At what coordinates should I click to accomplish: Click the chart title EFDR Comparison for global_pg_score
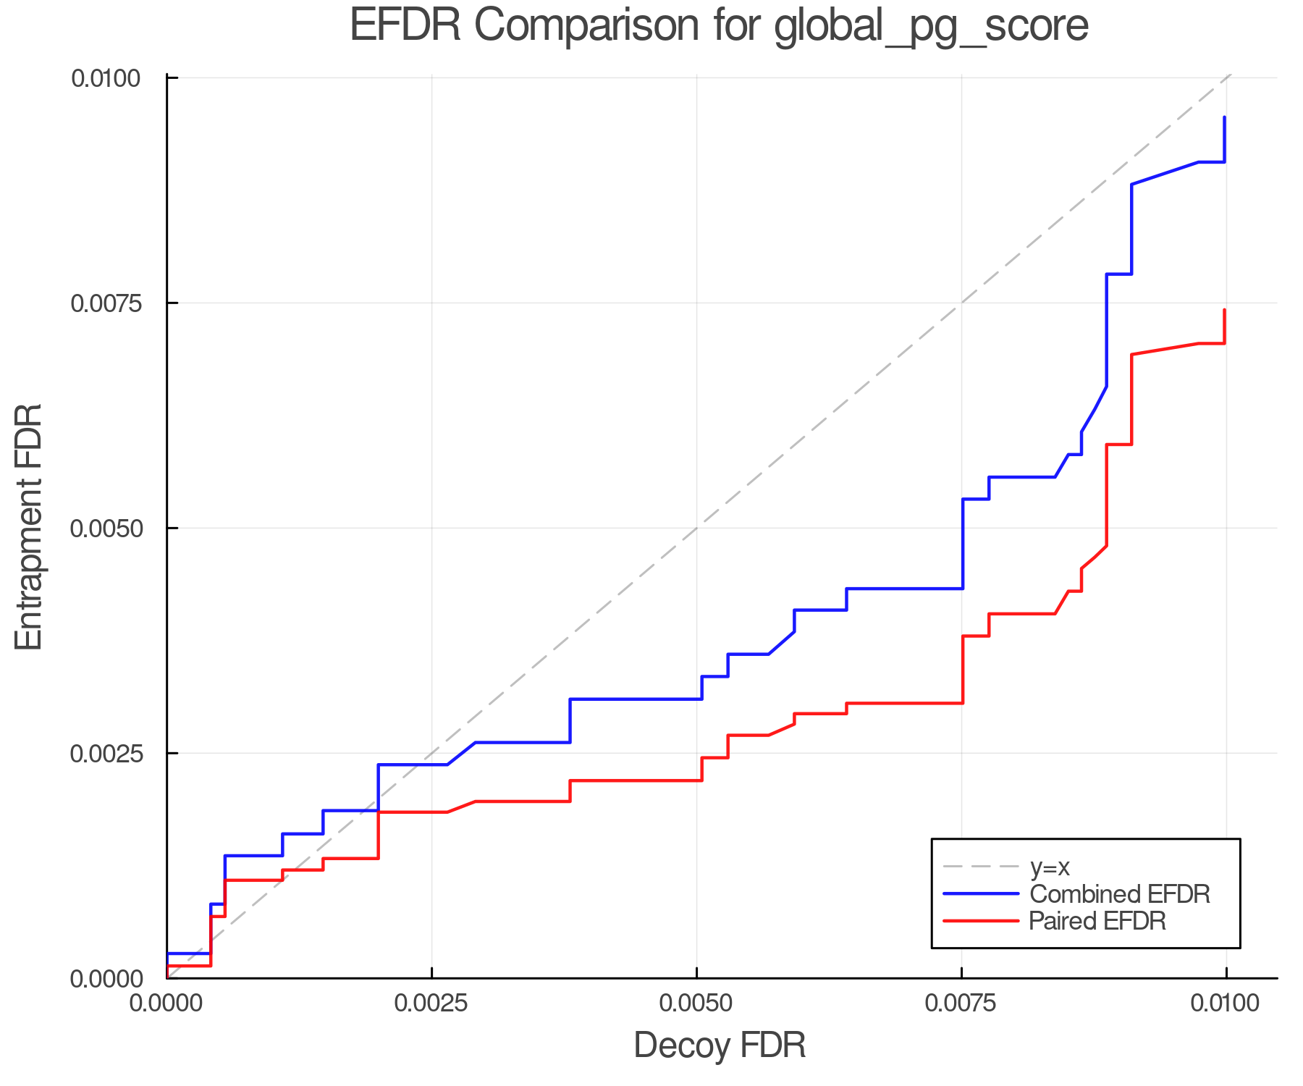coord(719,26)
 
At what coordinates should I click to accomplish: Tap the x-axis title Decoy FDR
coord(720,1045)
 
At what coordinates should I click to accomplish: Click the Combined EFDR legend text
coord(1119,894)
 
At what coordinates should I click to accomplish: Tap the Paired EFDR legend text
coord(1097,921)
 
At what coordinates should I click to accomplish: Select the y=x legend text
coord(1050,867)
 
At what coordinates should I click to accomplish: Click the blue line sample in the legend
coord(981,894)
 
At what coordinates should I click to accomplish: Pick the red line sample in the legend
coord(981,921)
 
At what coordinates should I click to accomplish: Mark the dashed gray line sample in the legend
coord(981,867)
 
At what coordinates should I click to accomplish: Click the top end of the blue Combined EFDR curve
coord(1224,117)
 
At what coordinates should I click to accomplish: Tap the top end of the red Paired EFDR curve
coord(1224,311)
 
